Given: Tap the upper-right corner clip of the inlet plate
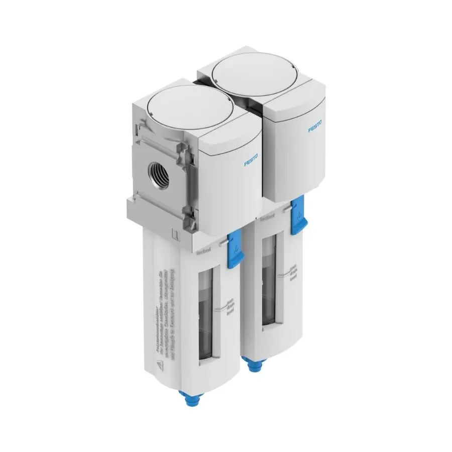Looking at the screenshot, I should [x=183, y=153].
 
